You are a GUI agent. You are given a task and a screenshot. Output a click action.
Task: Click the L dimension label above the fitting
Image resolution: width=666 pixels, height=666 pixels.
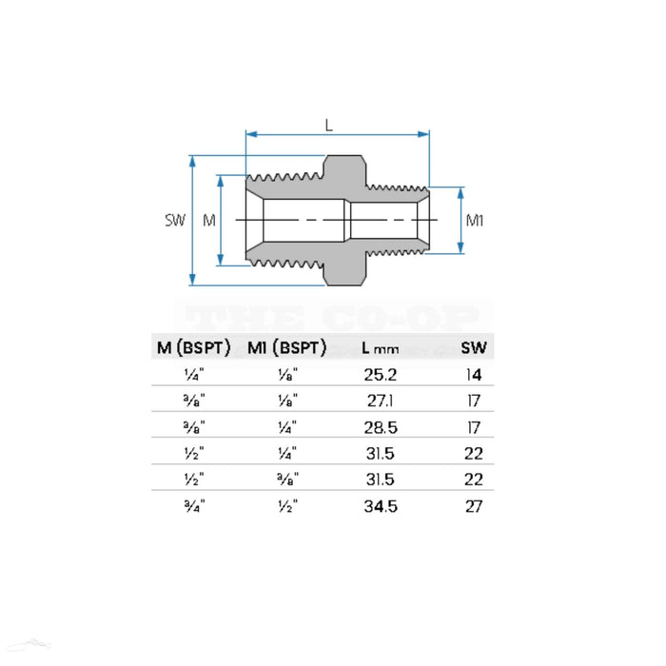click(x=329, y=125)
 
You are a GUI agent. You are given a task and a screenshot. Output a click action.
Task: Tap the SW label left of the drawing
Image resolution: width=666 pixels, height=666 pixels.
click(x=174, y=221)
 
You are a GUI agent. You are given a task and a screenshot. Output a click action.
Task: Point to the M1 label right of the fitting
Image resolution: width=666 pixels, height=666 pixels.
click(x=476, y=221)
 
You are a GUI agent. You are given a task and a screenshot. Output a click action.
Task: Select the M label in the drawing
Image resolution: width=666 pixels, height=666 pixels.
click(x=209, y=221)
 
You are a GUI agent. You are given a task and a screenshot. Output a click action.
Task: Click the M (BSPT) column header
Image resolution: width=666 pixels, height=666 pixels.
click(x=194, y=348)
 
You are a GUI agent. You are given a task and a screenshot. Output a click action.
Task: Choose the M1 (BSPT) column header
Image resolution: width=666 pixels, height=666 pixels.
click(x=286, y=348)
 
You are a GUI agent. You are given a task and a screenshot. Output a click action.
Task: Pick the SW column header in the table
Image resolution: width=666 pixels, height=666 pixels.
click(x=473, y=348)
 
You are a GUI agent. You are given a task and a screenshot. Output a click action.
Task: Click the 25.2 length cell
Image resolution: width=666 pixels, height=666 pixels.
click(x=381, y=375)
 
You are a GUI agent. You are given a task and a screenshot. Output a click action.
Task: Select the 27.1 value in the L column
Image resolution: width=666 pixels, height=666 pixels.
click(x=381, y=402)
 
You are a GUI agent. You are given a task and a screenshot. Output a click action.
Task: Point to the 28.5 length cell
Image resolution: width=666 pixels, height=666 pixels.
click(x=381, y=427)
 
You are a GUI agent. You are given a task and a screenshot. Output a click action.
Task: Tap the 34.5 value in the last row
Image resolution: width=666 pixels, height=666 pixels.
click(x=381, y=506)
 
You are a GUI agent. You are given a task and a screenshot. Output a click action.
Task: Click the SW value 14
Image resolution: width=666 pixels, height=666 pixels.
click(x=474, y=375)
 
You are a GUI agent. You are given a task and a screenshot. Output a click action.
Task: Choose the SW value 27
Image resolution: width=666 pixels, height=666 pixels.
click(x=474, y=506)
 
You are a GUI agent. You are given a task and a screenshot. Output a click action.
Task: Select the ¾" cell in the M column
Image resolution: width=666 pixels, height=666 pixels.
click(x=194, y=506)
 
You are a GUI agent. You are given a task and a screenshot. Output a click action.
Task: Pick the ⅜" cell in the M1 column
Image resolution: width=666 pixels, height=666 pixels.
click(x=286, y=480)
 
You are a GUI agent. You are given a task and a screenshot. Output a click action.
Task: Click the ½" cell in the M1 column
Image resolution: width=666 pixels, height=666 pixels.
click(x=286, y=506)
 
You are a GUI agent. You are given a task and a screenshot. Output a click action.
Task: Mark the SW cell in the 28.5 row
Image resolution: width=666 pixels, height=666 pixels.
click(x=474, y=427)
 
